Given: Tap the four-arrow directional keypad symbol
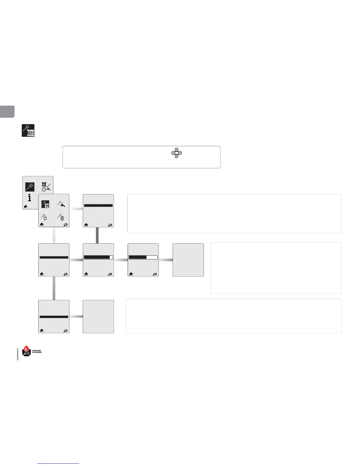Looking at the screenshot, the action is (x=176, y=153).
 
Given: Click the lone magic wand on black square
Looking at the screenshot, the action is (x=30, y=187).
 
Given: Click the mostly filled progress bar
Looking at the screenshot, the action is (x=98, y=257).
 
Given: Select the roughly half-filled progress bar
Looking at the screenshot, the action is (x=143, y=257).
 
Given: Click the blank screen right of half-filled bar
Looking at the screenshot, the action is (x=188, y=260).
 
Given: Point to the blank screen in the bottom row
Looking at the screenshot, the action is (x=98, y=317).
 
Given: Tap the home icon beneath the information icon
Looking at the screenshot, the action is (x=26, y=207).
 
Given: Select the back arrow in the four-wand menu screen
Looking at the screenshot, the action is (x=65, y=224).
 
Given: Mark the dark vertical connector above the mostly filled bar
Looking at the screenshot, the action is (x=97, y=235).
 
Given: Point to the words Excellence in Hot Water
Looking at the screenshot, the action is (x=37, y=352).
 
